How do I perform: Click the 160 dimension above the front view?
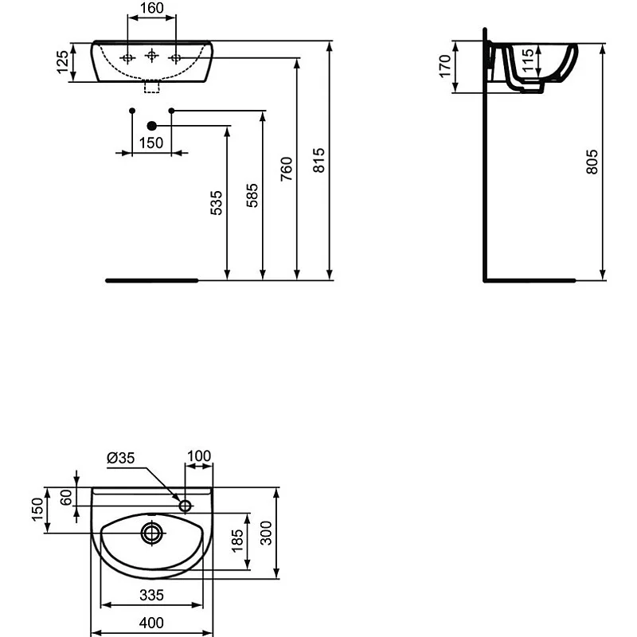[x=150, y=9]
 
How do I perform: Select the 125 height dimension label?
[x=62, y=61]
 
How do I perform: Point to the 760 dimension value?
[x=287, y=170]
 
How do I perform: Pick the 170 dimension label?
[x=445, y=63]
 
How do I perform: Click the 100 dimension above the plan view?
[x=199, y=455]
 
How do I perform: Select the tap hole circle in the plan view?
[x=186, y=505]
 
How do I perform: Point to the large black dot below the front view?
[x=152, y=126]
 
